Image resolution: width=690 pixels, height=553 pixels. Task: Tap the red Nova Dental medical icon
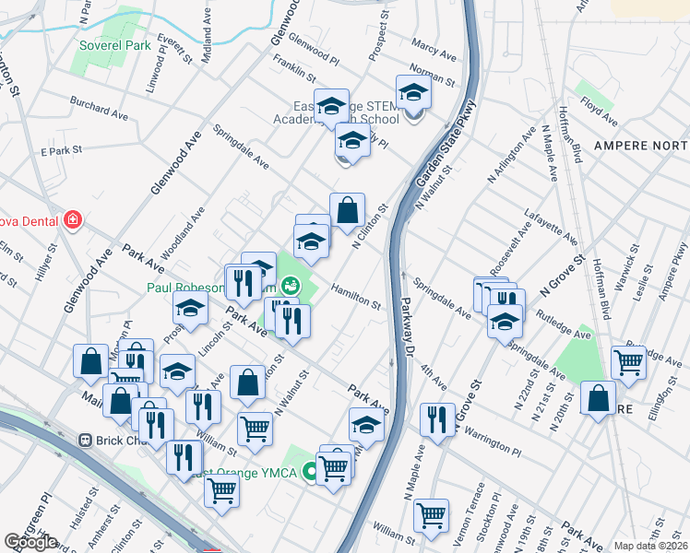coord(72,220)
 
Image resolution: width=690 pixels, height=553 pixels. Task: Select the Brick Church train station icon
coord(88,441)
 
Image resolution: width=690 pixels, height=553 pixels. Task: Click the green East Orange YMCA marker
coord(310,473)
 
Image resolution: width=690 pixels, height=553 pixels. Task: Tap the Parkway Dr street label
coord(407,331)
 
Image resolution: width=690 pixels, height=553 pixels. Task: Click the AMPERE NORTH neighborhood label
coord(640,147)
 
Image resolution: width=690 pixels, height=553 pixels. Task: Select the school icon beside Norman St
coord(414,93)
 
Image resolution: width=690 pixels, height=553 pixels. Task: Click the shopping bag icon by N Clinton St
coord(347,210)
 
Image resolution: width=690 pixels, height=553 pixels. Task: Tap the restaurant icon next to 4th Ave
coord(437,418)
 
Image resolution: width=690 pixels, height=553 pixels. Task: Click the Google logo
coord(31,542)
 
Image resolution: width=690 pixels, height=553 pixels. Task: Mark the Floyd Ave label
coord(599,114)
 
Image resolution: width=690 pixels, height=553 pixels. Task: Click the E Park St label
coord(62,149)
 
